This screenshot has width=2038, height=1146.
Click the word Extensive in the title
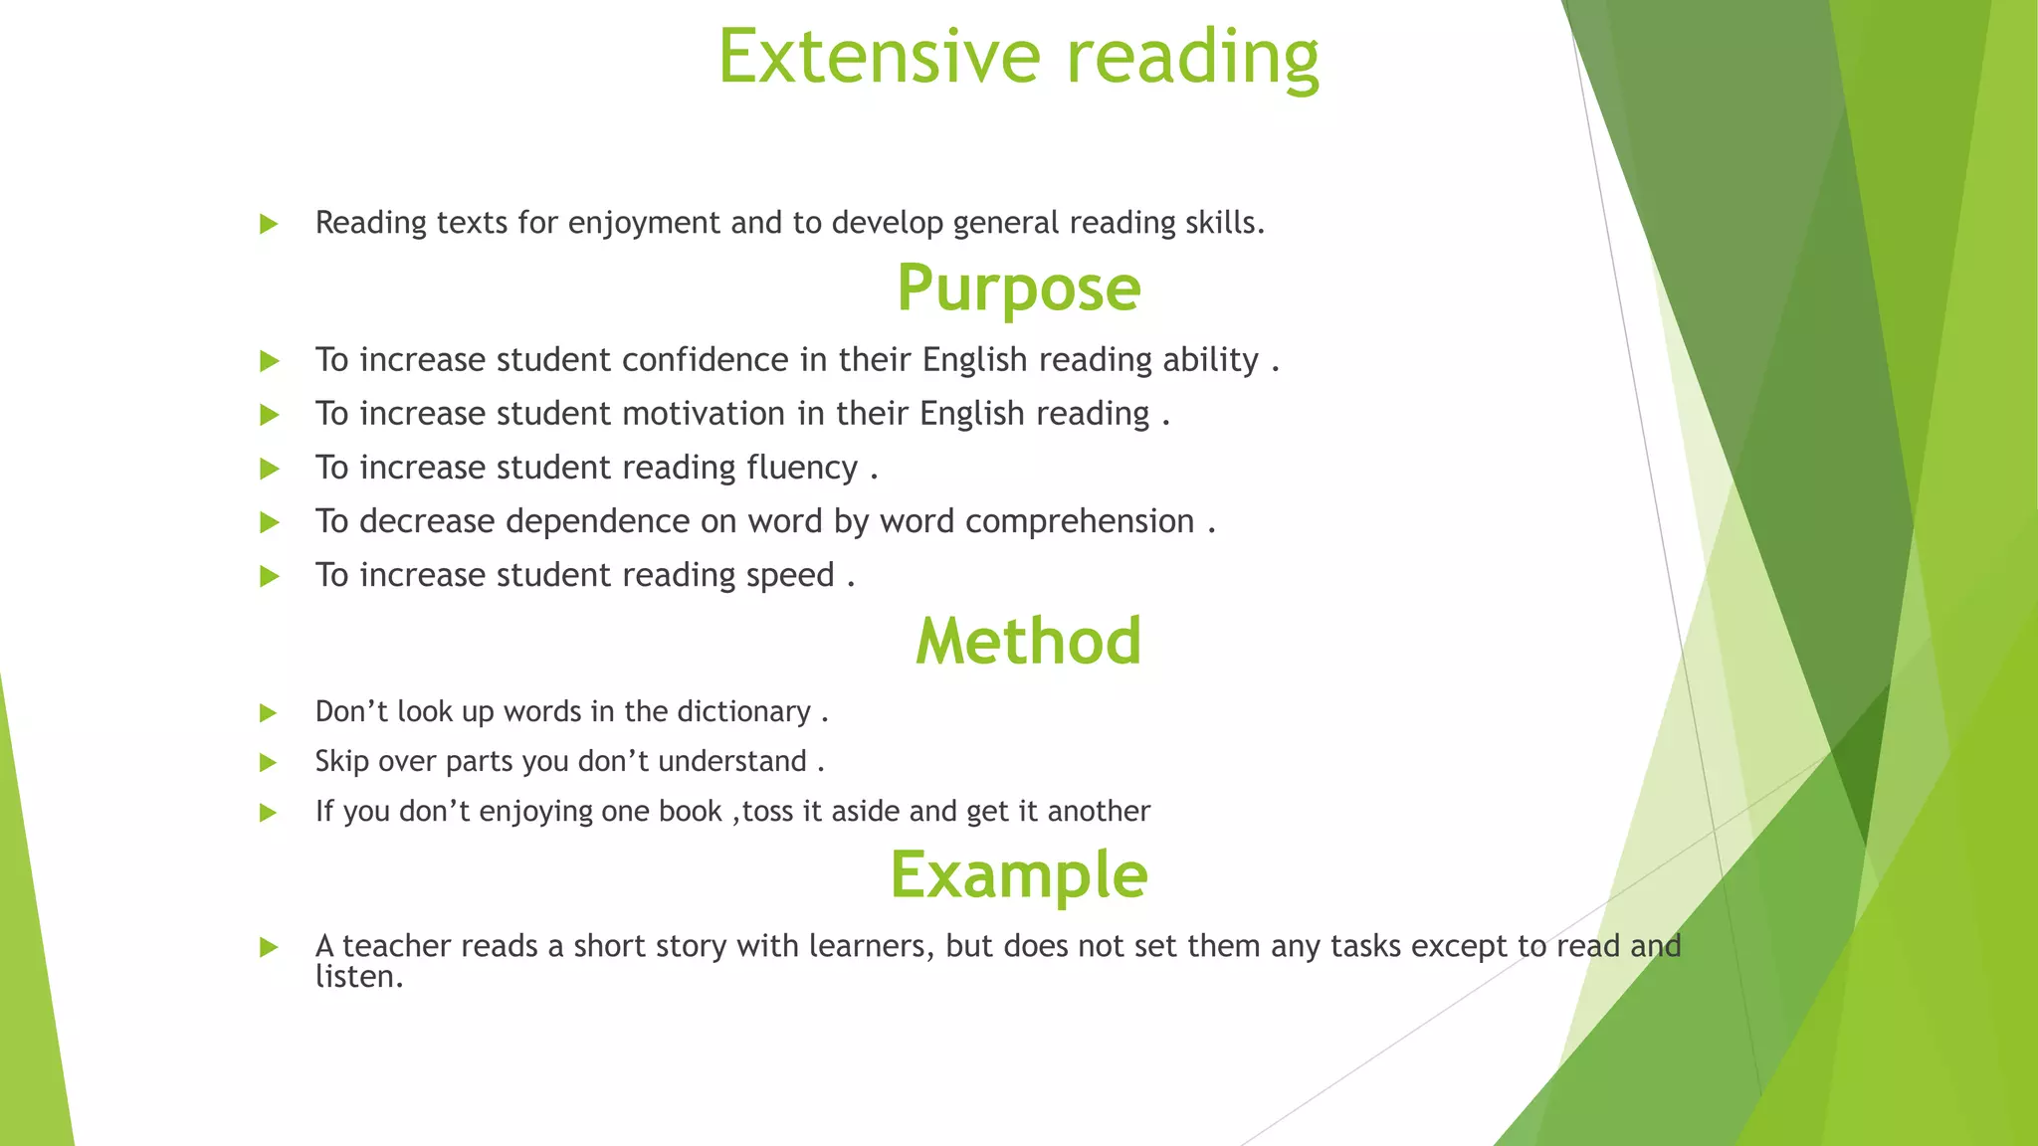pyautogui.click(x=879, y=57)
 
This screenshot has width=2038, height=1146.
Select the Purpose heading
pyautogui.click(x=1018, y=288)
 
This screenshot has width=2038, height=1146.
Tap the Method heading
pyautogui.click(x=1028, y=641)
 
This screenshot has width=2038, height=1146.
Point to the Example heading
pyautogui.click(x=1018, y=874)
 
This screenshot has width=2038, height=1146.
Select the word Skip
pyautogui.click(x=341, y=762)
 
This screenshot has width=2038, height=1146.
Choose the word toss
pyautogui.click(x=767, y=812)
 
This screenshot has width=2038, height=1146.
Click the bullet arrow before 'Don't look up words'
pyautogui.click(x=268, y=713)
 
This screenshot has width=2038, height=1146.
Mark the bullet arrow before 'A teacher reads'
pyautogui.click(x=268, y=947)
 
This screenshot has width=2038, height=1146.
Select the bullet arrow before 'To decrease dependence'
pyautogui.click(x=269, y=522)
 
